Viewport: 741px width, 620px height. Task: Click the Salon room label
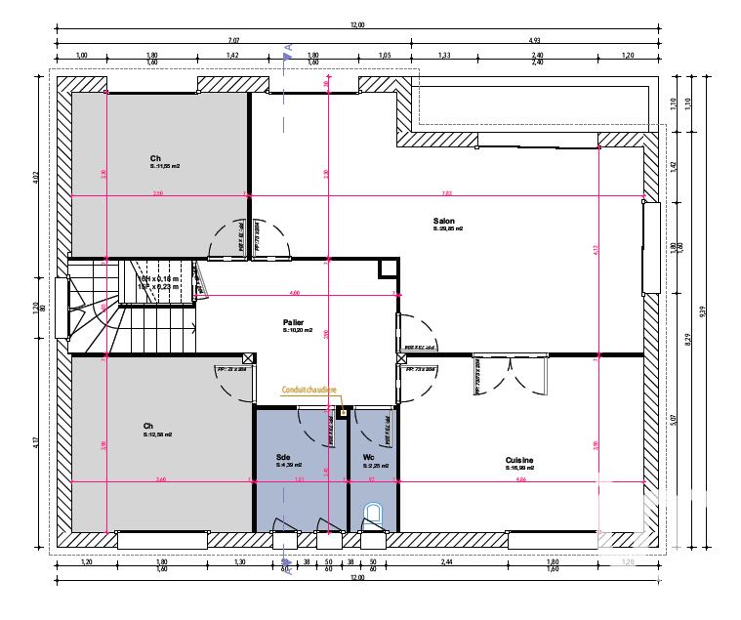point(444,222)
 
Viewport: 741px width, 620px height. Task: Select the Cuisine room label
point(518,460)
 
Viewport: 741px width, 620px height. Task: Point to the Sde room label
point(283,456)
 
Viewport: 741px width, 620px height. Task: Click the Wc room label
point(368,456)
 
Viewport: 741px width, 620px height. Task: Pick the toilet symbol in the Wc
point(373,514)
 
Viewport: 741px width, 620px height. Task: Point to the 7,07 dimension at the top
point(234,40)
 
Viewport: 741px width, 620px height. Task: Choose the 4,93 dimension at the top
point(535,40)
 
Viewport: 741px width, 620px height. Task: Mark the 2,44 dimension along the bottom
point(448,563)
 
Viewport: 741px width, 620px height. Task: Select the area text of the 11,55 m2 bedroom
point(164,166)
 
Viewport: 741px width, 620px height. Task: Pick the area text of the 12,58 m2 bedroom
point(157,434)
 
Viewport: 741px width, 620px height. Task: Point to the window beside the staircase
point(62,308)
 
